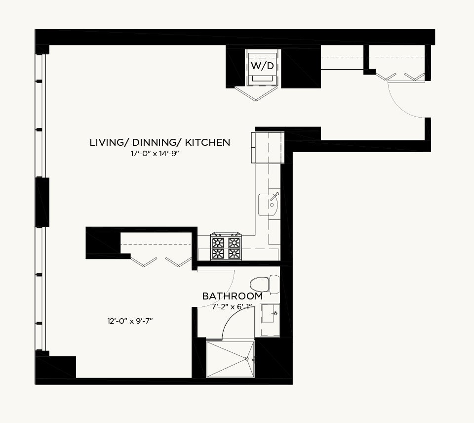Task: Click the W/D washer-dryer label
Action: pyautogui.click(x=262, y=66)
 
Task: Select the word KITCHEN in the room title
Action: pyautogui.click(x=207, y=142)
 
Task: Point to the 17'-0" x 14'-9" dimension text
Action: pyautogui.click(x=155, y=154)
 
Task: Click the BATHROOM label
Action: pyautogui.click(x=233, y=296)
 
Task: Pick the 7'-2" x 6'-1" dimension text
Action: pyautogui.click(x=232, y=307)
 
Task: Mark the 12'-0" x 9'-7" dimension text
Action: pyautogui.click(x=130, y=321)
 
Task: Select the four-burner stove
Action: pyautogui.click(x=226, y=246)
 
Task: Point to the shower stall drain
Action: pyautogui.click(x=247, y=359)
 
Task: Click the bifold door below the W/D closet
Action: pyautogui.click(x=256, y=93)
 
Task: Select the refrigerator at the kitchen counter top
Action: pyautogui.click(x=267, y=148)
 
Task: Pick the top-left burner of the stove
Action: pyautogui.click(x=218, y=242)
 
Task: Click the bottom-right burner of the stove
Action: pyautogui.click(x=234, y=254)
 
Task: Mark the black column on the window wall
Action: pyautogui.click(x=42, y=202)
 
